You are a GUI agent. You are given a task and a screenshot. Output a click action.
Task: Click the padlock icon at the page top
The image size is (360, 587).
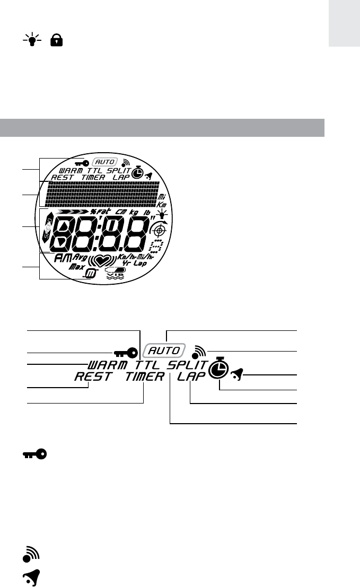54,41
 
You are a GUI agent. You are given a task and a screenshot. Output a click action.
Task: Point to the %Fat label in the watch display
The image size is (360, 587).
100,212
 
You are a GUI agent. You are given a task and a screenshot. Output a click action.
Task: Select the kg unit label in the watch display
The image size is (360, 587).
134,212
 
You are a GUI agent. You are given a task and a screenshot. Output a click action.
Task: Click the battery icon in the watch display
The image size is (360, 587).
117,270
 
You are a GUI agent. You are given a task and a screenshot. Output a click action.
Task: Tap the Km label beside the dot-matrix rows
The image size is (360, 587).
163,204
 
